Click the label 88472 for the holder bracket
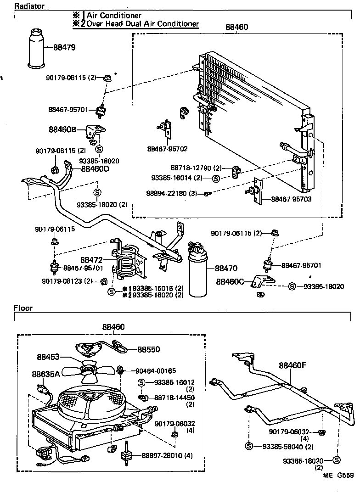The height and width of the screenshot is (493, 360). (92, 260)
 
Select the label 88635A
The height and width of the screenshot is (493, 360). (46, 374)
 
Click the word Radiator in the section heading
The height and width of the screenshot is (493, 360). (29, 6)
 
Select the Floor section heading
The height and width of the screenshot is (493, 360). (23, 308)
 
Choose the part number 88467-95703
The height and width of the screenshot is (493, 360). (291, 199)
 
